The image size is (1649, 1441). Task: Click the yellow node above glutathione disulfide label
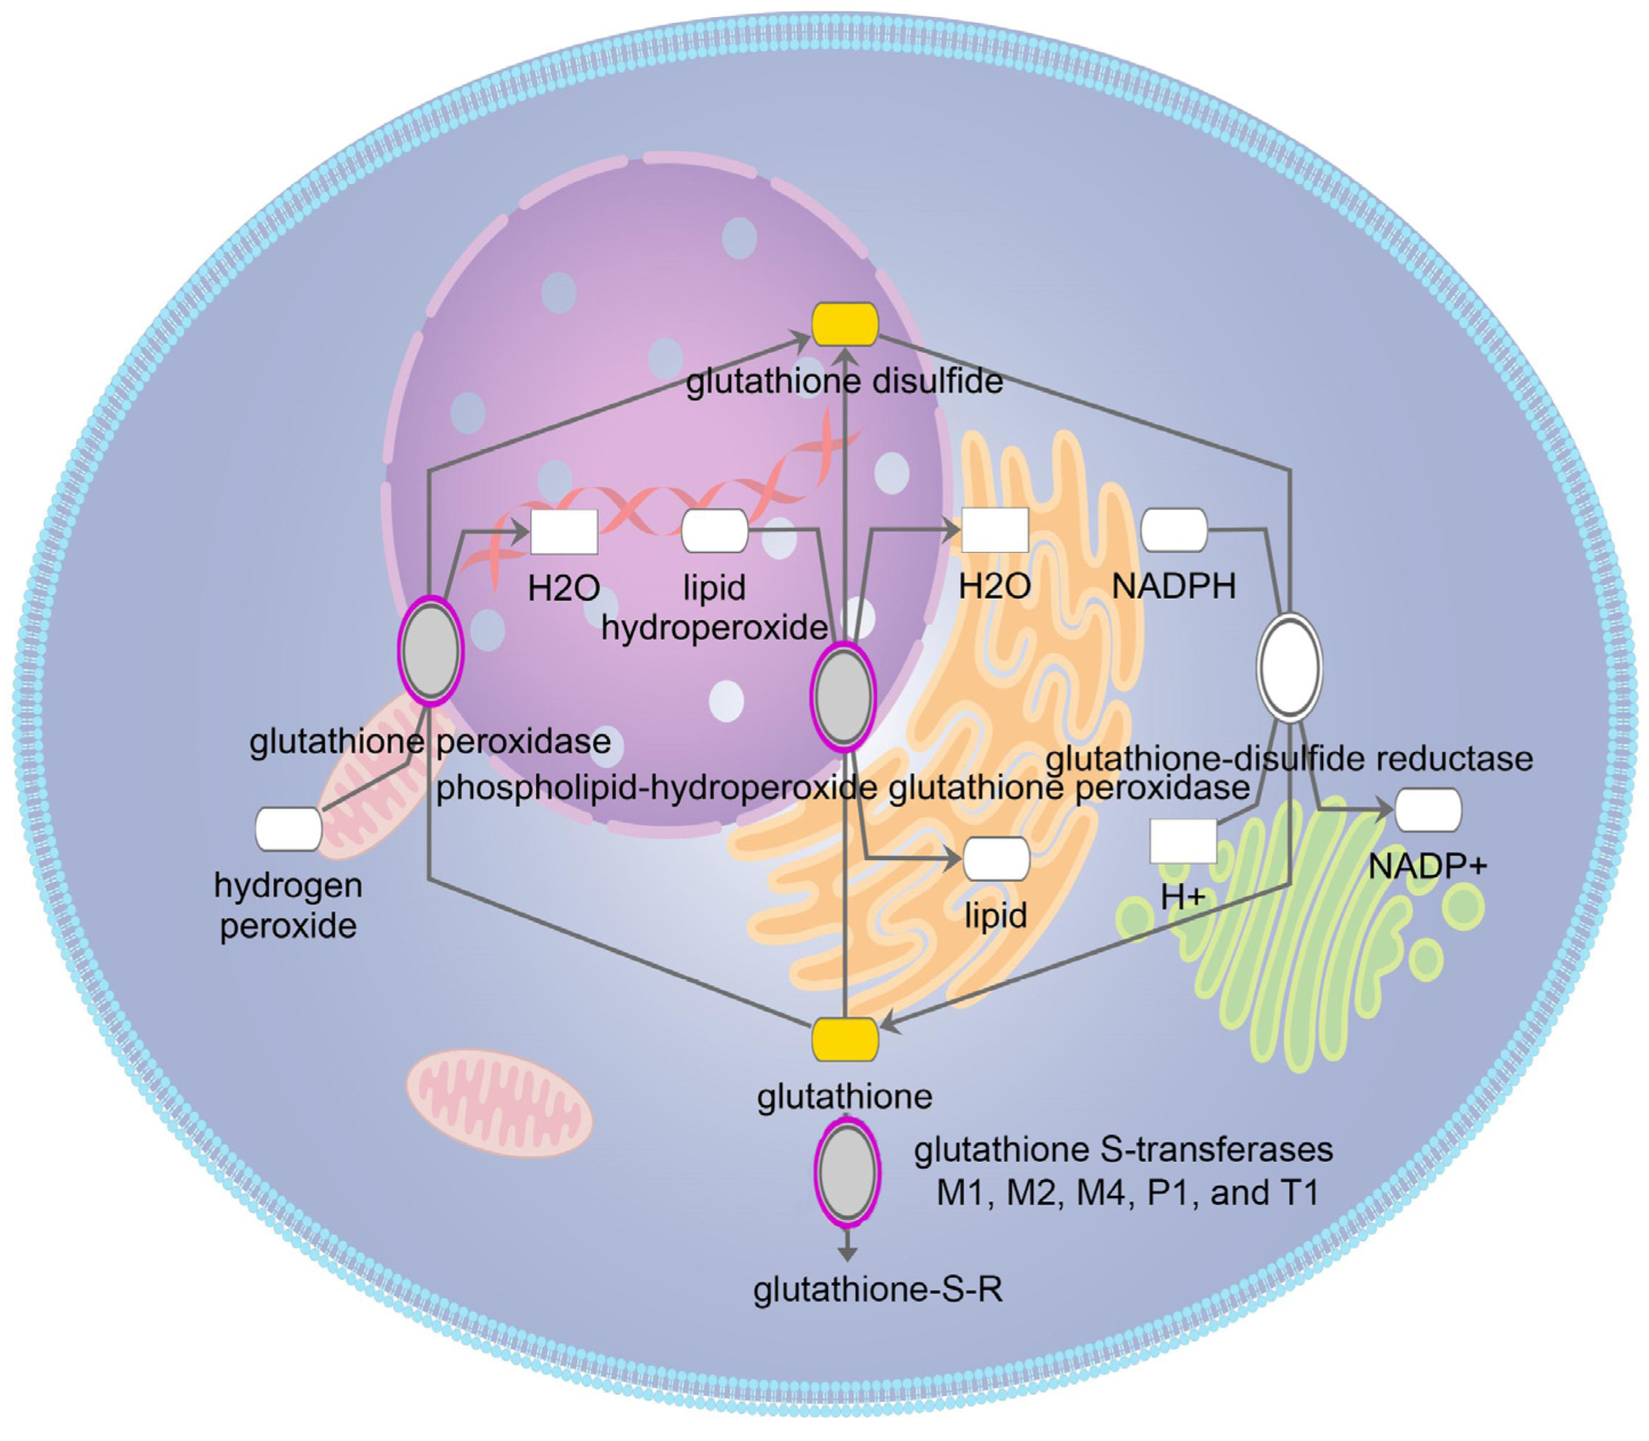point(844,324)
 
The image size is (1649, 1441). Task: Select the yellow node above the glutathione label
point(844,1039)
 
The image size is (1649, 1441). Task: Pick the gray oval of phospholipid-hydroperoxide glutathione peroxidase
point(842,696)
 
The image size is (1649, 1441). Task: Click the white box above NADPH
point(1174,530)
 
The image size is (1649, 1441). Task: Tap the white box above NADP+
point(1428,809)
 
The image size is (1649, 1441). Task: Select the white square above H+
point(1183,841)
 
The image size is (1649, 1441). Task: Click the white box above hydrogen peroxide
point(288,829)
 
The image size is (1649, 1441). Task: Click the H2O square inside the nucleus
point(564,531)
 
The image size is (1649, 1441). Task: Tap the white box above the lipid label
point(996,859)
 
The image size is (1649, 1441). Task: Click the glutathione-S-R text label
point(877,1290)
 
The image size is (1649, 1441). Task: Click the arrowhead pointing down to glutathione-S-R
point(846,1254)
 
